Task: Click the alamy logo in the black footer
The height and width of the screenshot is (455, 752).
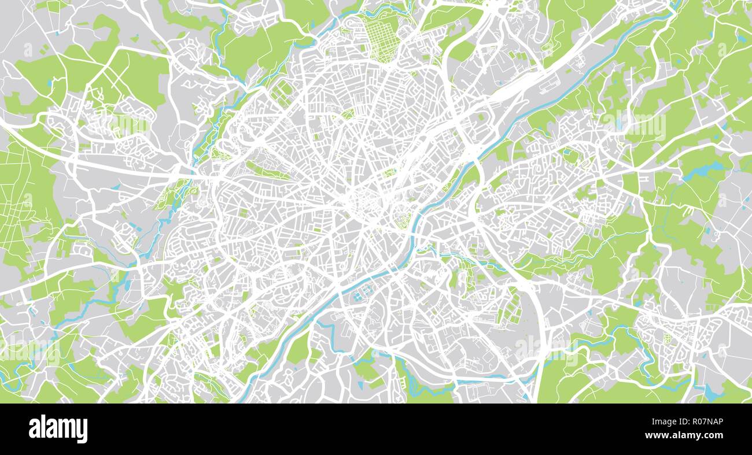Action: (58, 429)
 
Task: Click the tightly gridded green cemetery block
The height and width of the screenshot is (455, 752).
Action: (380, 36)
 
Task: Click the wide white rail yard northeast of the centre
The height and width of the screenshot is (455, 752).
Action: (497, 98)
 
